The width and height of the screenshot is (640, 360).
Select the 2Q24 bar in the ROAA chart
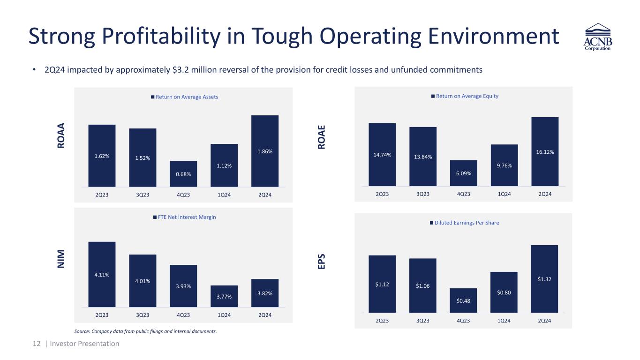click(265, 151)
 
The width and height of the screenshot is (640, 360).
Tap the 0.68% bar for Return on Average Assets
click(183, 174)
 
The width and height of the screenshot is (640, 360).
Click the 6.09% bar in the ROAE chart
click(463, 173)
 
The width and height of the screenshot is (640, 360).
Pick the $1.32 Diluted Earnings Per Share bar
click(544, 278)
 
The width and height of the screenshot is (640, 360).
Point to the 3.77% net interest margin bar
click(224, 296)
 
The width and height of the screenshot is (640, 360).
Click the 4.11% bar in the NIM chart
click(102, 274)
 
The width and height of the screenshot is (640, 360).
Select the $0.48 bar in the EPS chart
click(463, 300)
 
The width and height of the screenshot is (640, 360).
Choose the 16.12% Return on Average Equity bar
click(544, 151)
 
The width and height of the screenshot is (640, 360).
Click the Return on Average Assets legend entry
click(184, 97)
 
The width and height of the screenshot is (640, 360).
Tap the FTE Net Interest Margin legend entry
click(184, 217)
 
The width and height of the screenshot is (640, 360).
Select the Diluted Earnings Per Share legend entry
click(464, 223)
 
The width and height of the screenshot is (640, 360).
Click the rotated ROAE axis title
click(322, 137)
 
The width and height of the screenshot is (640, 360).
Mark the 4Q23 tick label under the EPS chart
click(463, 321)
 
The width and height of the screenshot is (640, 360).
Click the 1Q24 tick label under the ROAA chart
click(224, 195)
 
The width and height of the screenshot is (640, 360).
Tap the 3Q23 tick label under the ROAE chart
click(422, 194)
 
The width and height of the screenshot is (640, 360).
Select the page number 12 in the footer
click(37, 344)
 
